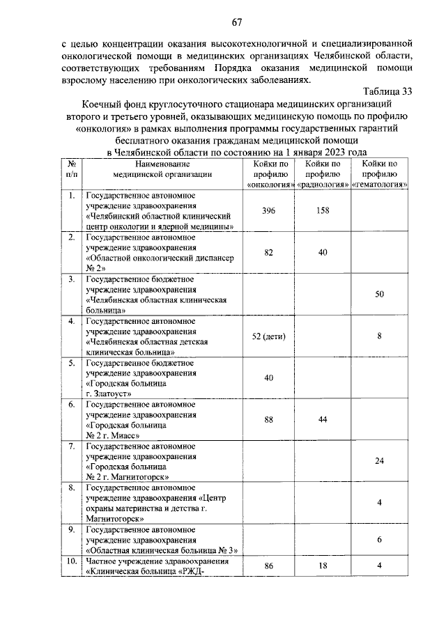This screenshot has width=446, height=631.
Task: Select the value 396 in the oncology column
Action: coord(268,212)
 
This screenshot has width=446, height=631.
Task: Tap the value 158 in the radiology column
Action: coord(322,212)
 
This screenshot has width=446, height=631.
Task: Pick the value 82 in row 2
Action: coord(268,253)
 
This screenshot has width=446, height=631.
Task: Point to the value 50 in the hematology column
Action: coord(379,295)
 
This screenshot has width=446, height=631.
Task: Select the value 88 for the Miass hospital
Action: coord(268,419)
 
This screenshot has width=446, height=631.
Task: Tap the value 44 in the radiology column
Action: coord(322,419)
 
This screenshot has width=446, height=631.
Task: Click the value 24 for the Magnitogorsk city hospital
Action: coord(379,461)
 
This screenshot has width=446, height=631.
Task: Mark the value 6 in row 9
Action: coord(379,540)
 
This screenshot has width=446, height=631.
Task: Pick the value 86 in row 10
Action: coord(268,568)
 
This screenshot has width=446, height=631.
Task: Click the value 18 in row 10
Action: coord(322,568)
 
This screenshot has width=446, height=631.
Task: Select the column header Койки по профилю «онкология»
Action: coord(268,173)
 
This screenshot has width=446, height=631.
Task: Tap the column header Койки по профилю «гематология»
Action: coord(379,173)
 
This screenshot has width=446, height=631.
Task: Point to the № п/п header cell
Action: coord(72,169)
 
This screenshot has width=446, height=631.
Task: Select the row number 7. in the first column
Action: coord(72,445)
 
